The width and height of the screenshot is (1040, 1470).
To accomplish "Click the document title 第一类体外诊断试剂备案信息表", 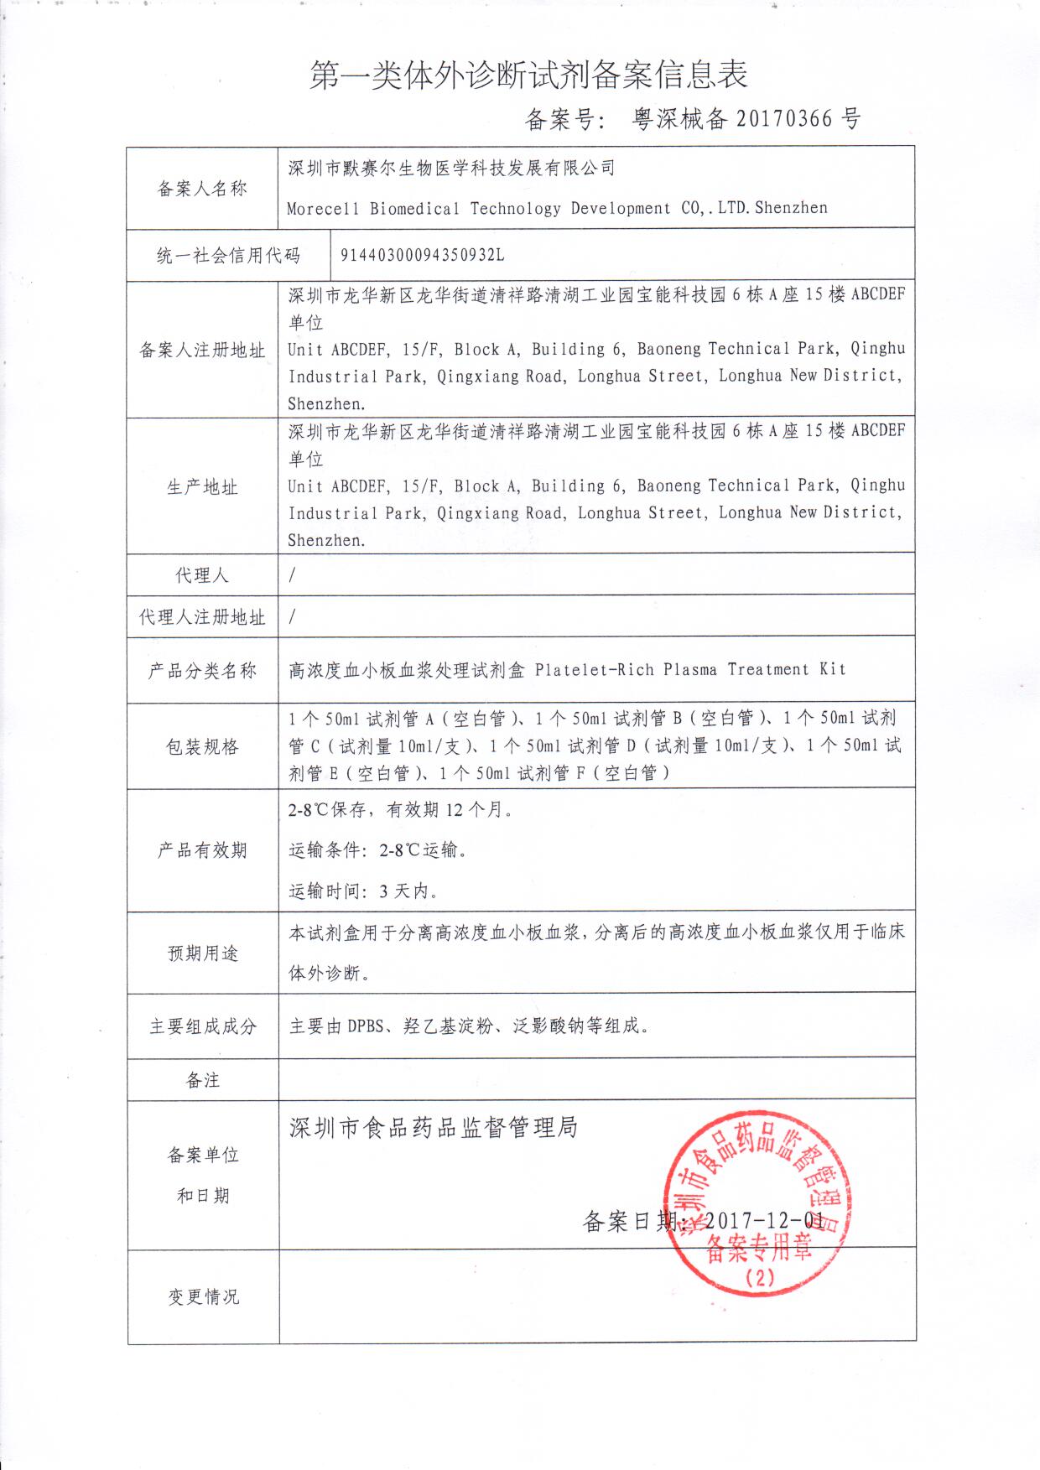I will [528, 76].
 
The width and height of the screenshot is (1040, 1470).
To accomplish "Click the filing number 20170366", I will [784, 119].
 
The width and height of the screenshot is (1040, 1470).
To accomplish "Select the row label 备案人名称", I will [202, 189].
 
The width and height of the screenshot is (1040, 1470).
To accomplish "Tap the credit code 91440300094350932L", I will [422, 255].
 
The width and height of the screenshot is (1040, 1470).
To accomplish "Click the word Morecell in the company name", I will [322, 209].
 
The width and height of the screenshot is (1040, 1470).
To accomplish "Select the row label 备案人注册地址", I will [202, 351].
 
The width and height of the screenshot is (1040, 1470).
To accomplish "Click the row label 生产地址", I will [202, 487].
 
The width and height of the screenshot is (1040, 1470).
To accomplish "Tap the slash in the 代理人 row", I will [292, 575].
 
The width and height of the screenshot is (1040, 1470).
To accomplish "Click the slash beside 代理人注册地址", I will [292, 617].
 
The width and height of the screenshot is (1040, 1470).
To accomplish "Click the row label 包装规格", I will [202, 746].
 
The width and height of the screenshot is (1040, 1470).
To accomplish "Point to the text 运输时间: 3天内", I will [363, 891].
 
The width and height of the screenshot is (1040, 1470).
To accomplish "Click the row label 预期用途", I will [203, 953].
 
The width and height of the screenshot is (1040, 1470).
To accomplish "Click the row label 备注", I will [203, 1080].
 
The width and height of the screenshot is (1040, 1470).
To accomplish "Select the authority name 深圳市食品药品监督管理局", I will [434, 1128].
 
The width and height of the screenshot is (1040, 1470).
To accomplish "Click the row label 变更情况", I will [203, 1296].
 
